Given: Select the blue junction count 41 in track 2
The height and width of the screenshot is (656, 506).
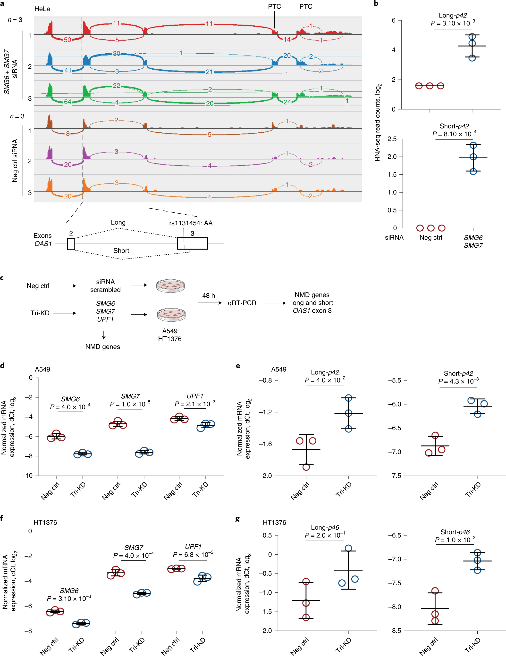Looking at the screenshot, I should pyautogui.click(x=68, y=70).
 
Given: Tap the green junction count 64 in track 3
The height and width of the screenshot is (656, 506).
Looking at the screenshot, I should pyautogui.click(x=68, y=102).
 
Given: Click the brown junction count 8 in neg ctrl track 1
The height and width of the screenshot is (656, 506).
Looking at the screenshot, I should pyautogui.click(x=68, y=134).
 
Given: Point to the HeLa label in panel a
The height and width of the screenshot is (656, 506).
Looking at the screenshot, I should pyautogui.click(x=42, y=9).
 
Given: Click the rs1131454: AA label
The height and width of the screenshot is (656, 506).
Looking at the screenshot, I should pyautogui.click(x=191, y=223).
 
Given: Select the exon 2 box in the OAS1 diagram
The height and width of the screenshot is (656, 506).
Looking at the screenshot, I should pyautogui.click(x=71, y=243).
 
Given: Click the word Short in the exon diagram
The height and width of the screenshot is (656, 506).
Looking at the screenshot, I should pyautogui.click(x=121, y=251).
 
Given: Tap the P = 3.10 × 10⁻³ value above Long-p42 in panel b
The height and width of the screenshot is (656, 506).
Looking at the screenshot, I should pyautogui.click(x=453, y=23).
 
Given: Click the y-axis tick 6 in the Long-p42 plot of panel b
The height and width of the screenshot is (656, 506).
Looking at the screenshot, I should pyautogui.click(x=394, y=20).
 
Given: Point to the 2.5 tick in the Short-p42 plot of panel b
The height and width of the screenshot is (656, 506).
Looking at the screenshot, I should pyautogui.click(x=392, y=139).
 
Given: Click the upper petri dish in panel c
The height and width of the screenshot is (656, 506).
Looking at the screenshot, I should pyautogui.click(x=170, y=285).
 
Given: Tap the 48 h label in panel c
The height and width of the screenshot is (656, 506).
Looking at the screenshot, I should pyautogui.click(x=208, y=296).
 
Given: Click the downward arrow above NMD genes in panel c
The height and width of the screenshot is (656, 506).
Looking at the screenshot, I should pyautogui.click(x=104, y=335).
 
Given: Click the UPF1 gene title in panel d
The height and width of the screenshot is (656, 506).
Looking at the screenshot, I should pyautogui.click(x=195, y=396).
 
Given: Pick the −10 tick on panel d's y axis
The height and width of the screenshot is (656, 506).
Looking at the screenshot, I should pyautogui.click(x=27, y=476).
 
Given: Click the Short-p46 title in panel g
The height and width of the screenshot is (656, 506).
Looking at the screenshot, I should pyautogui.click(x=455, y=532).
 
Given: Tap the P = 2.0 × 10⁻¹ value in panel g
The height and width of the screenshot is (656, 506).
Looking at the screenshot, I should pyautogui.click(x=325, y=535).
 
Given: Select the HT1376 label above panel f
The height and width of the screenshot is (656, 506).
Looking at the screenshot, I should pyautogui.click(x=45, y=522).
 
